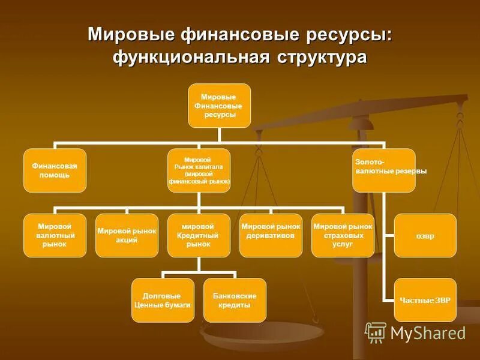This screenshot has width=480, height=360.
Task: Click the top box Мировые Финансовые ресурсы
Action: point(219,106)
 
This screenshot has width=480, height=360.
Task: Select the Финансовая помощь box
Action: point(55,170)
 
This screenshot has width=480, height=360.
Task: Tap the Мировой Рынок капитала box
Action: point(199,170)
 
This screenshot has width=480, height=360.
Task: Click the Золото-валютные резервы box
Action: point(383,170)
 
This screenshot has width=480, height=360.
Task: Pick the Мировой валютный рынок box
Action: point(55,235)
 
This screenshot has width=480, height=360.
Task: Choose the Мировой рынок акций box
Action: point(127,235)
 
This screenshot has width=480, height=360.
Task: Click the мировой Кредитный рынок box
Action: point(199,235)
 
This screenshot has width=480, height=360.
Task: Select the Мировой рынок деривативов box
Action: point(271,235)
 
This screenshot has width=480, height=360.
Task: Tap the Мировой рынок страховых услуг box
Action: point(343,235)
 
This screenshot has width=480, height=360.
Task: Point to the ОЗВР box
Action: point(425,235)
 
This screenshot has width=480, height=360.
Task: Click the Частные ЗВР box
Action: point(425,299)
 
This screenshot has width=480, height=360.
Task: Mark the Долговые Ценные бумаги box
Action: point(162,300)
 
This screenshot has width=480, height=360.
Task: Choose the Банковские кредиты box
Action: point(235,300)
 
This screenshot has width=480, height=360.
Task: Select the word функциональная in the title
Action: point(190,58)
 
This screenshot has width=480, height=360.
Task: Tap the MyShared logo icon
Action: point(376,332)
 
